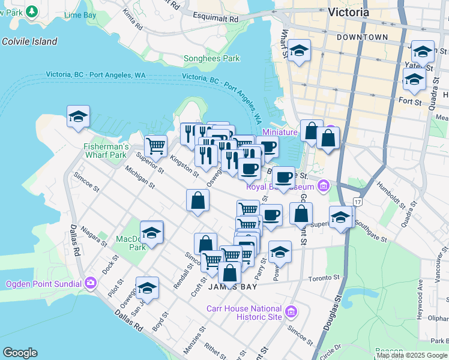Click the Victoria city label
coord(349,11)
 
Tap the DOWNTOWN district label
coord(362,37)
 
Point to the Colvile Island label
coord(29,41)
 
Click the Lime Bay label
coord(80,13)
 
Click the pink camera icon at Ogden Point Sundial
coord(91,282)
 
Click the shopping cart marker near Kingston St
coord(156,145)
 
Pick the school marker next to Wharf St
coord(298,51)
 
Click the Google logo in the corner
coord(20,353)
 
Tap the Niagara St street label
coord(93,237)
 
